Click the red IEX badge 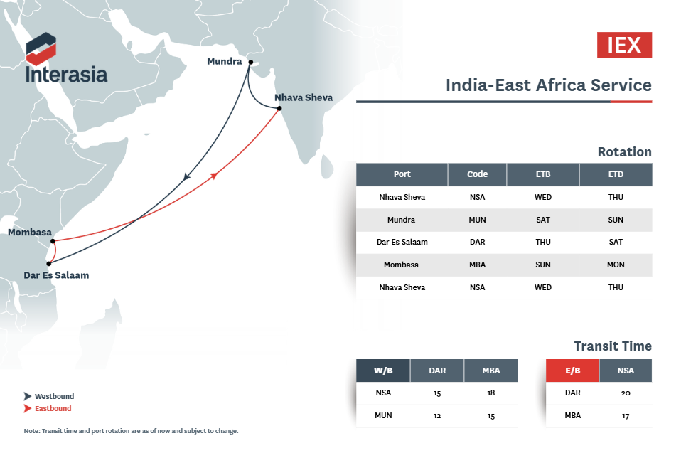click(624, 45)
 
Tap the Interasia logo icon click(41, 48)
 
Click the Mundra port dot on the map click(251, 63)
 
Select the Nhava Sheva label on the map click(304, 97)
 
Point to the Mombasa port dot click(53, 241)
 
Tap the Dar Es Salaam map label click(56, 275)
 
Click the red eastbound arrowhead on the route click(214, 176)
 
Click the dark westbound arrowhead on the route click(186, 176)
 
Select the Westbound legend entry click(49, 396)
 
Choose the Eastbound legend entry click(48, 408)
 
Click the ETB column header click(543, 175)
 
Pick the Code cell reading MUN click(477, 220)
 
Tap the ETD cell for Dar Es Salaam click(616, 242)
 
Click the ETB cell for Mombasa click(543, 265)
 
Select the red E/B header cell click(572, 371)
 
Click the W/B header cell click(383, 371)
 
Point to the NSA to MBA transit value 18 click(490, 393)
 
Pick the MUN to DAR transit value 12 click(437, 415)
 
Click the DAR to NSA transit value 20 click(626, 393)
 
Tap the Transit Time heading click(613, 346)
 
